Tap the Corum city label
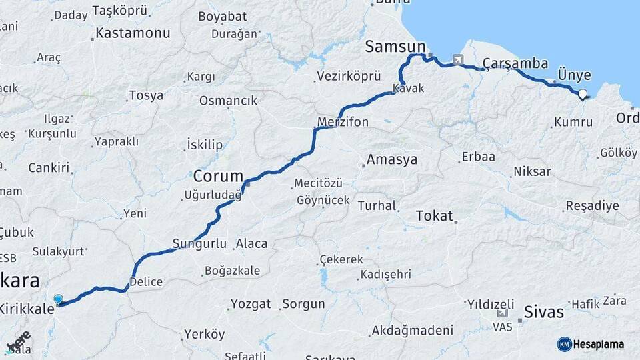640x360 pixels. coord(218,177)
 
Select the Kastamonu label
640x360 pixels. coord(133,33)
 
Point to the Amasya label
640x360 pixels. coord(392,160)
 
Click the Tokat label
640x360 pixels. coord(434,216)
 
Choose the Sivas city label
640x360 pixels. coord(544,311)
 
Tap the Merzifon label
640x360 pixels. coord(343,123)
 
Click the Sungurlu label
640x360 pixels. coord(199,244)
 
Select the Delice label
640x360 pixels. coord(146,281)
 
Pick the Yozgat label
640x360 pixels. coord(251,304)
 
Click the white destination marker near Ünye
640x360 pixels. coord(583,95)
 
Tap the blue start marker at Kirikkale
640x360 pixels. coord(59,300)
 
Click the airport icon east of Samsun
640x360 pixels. coord(458,60)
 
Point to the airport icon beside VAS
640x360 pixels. coord(502,313)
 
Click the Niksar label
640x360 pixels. coord(532,172)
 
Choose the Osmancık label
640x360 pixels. coord(228,101)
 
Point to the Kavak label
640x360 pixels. coord(408,88)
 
